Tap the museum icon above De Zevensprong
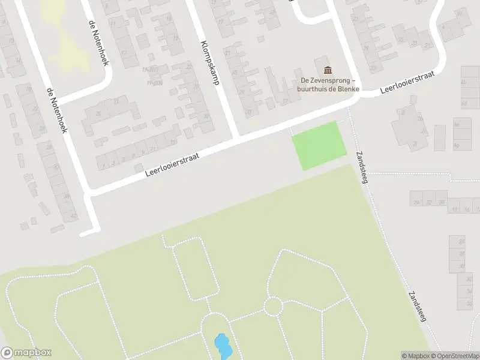[327, 70]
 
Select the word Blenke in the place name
[348, 89]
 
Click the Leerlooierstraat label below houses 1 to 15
[172, 163]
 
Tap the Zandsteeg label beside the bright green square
[364, 167]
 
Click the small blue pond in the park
[222, 347]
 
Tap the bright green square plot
[319, 145]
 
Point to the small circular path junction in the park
[273, 306]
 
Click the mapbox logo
[26, 353]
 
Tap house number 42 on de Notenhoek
[74, 215]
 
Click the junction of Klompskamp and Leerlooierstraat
[236, 139]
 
